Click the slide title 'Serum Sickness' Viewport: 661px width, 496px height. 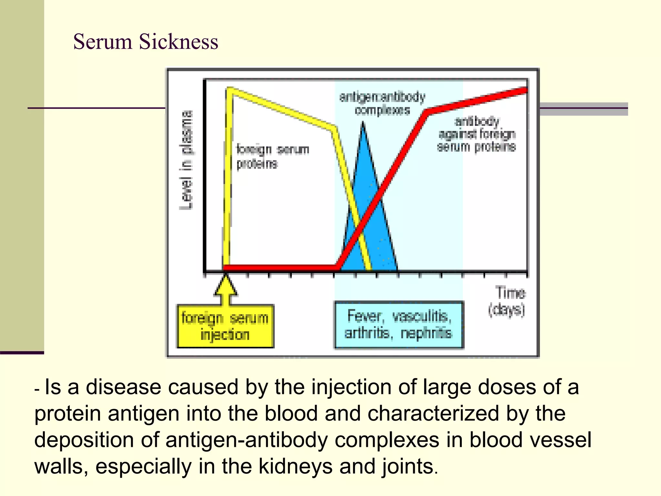tap(146, 42)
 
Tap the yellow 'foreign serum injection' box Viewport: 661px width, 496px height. tap(225, 326)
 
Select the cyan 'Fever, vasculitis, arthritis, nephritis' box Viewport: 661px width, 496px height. tap(399, 325)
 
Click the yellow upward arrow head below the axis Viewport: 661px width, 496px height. tap(226, 284)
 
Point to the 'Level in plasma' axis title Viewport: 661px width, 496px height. tap(187, 160)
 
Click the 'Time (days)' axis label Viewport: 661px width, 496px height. tap(507, 301)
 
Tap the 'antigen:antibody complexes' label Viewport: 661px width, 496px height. tap(382, 103)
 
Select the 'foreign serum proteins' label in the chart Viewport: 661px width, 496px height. tap(272, 156)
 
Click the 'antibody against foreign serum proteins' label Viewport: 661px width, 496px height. tap(477, 134)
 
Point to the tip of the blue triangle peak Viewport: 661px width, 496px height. tap(363, 123)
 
